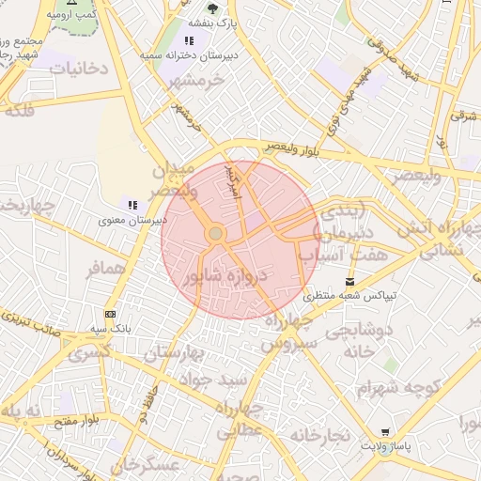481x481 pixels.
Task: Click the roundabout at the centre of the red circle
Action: (216, 232)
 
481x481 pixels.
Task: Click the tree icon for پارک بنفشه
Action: (213, 8)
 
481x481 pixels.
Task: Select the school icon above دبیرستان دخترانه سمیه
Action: (190, 41)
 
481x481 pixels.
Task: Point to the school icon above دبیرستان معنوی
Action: (132, 205)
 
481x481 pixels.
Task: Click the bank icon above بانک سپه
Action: (111, 314)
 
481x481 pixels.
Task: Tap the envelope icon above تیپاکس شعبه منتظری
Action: (350, 281)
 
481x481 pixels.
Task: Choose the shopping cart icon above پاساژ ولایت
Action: (385, 431)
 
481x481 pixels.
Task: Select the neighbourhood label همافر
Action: (105, 270)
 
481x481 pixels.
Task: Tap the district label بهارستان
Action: (175, 353)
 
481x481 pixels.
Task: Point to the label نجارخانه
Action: (320, 436)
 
